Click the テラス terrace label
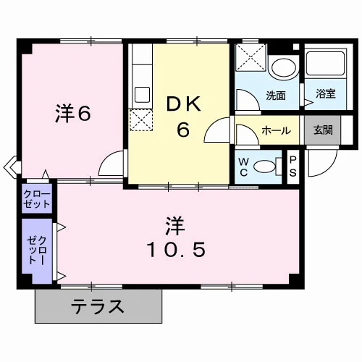(98, 306)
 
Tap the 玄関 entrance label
(323, 130)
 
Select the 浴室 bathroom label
(326, 93)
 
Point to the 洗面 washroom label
(276, 96)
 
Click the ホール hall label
(276, 130)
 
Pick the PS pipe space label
(292, 167)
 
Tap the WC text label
(243, 167)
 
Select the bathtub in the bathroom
(326, 63)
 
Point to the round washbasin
(284, 67)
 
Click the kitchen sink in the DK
(143, 95)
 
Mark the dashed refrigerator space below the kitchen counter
(141, 120)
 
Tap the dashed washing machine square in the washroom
(251, 57)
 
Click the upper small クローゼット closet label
(37, 199)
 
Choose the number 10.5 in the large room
(176, 250)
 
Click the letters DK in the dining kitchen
(183, 104)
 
